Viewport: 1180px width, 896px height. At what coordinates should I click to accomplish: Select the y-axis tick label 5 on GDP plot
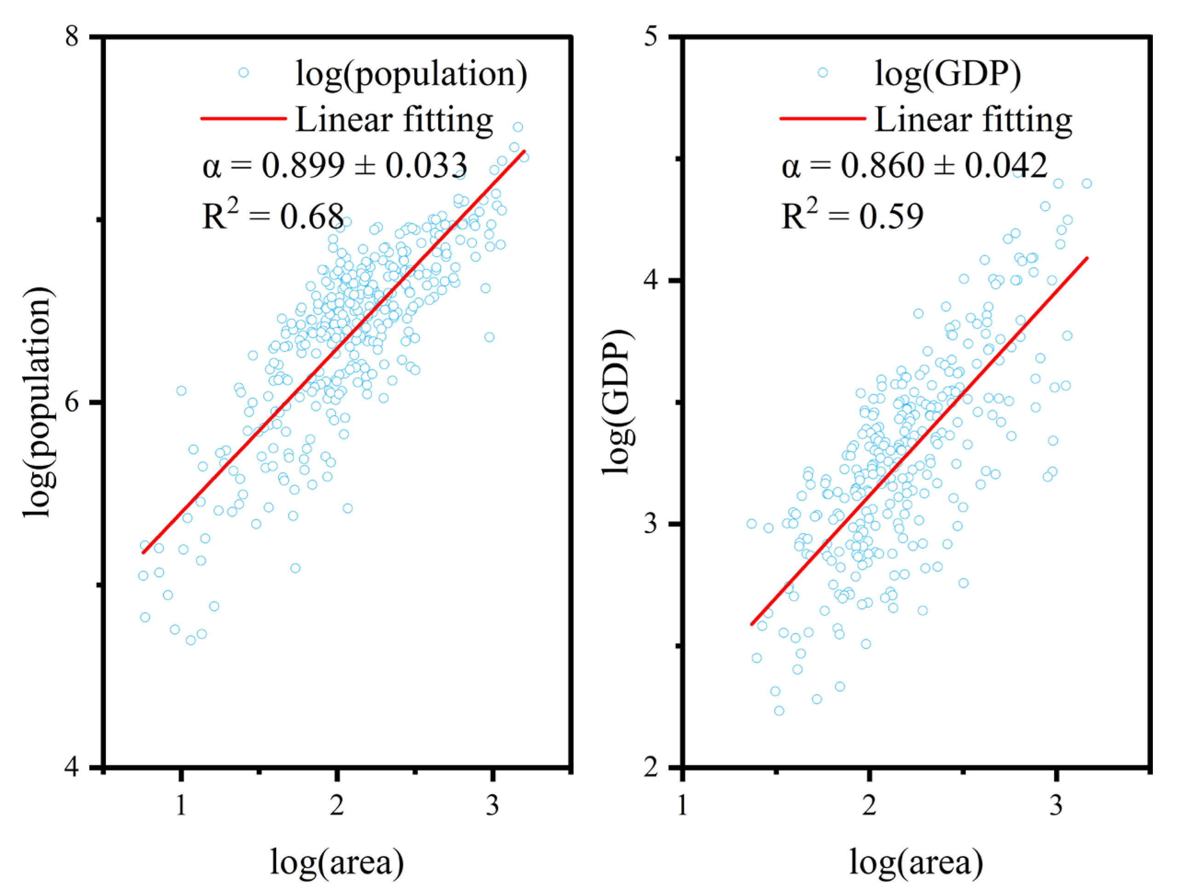click(652, 38)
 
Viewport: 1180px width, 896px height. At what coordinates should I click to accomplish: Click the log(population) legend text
click(411, 74)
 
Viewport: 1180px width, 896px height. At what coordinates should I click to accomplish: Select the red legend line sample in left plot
click(243, 118)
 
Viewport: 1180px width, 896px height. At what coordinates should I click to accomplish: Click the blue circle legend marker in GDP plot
click(822, 73)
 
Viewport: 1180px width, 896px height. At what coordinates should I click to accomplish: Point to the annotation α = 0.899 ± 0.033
click(335, 165)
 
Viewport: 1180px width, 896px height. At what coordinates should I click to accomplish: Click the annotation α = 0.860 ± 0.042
click(914, 165)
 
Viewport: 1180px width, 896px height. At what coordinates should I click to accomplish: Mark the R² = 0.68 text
click(273, 215)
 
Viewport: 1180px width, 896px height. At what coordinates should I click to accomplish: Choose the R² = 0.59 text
click(852, 215)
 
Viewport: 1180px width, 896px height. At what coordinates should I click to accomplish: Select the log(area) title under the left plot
click(337, 862)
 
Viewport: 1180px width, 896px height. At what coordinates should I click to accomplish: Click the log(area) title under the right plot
click(916, 862)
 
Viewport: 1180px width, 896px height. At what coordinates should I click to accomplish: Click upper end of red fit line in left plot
click(525, 151)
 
